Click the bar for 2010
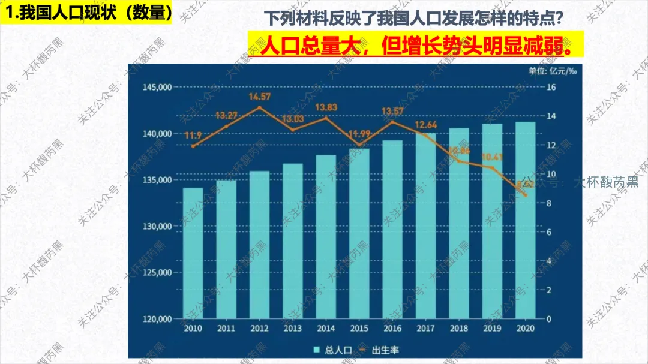193,253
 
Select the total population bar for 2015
359,234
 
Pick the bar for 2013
293,240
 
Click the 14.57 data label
259,97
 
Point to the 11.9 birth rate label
193,135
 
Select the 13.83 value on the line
326,107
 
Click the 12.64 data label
426,125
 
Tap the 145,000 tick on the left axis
157,88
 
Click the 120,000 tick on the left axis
157,319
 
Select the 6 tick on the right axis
550,232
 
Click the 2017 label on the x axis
426,329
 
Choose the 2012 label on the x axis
259,329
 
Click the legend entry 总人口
329,350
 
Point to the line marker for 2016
392,122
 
